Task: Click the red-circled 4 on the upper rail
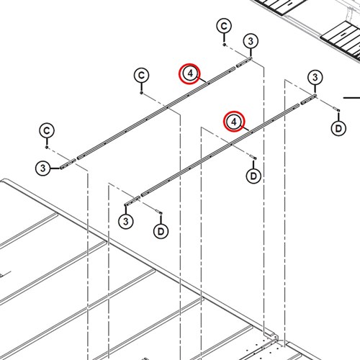pos(189,73)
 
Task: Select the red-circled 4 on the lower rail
pos(234,122)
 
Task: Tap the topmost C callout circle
pos(224,26)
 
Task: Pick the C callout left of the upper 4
pos(141,76)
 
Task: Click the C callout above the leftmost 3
pos(47,130)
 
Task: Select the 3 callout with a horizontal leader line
pos(42,168)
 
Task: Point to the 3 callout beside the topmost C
pos(251,41)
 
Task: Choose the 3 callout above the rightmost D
pos(315,78)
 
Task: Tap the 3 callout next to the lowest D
pos(126,221)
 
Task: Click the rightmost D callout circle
pos(338,129)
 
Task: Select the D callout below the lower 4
pos(253,176)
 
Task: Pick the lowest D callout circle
pos(161,231)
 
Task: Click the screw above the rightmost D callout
pos(336,109)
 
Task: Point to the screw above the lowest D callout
pos(159,212)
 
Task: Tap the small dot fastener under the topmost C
pos(224,45)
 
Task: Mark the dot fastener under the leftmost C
pos(47,147)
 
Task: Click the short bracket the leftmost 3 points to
pos(68,163)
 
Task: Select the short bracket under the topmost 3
pos(244,62)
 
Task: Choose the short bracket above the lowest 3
pos(132,201)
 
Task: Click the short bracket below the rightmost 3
pos(308,99)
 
